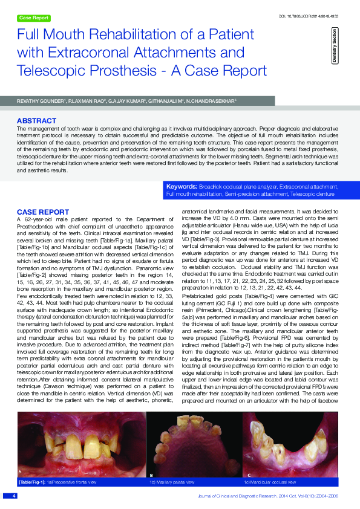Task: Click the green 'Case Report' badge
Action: (33, 18)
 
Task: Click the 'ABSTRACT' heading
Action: (38, 121)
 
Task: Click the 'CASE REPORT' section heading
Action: (42, 212)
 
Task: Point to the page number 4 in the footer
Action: (13, 495)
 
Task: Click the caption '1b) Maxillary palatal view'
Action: (172, 482)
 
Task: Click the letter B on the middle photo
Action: (151, 476)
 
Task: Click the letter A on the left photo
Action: (20, 471)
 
